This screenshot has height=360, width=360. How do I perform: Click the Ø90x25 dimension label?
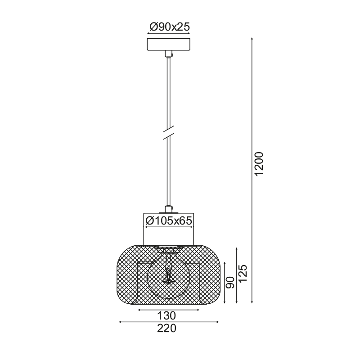170,27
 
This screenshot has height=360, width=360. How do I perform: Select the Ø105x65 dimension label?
169,220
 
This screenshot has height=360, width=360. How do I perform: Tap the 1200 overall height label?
259,164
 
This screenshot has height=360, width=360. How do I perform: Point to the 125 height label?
243,274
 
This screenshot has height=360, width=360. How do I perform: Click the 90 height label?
230,283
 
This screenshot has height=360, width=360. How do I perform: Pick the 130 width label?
166,316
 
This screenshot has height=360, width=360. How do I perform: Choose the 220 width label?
166,328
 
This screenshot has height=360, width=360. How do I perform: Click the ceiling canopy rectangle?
168,45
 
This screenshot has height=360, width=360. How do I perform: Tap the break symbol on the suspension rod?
168,132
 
